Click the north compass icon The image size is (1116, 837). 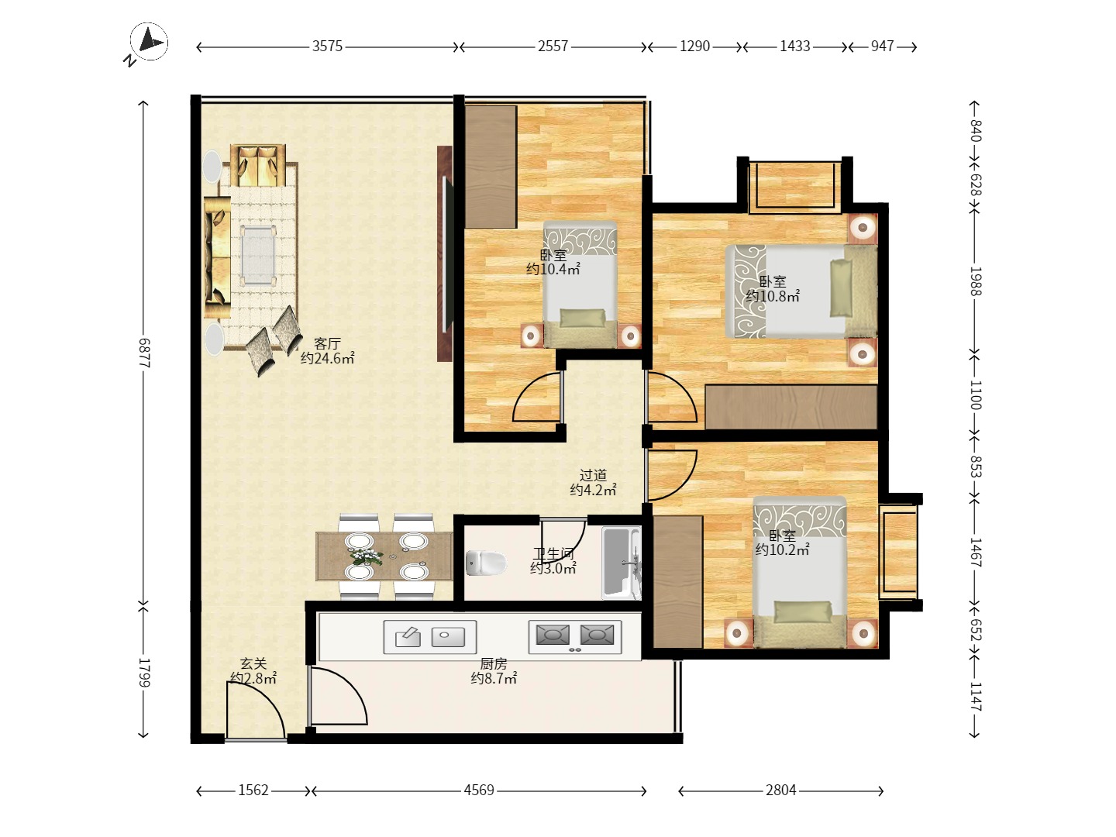click(x=149, y=42)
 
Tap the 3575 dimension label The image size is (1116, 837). click(x=327, y=46)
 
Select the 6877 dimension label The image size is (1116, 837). click(x=144, y=353)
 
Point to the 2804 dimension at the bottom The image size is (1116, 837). click(x=781, y=790)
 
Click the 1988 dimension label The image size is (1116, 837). click(x=976, y=281)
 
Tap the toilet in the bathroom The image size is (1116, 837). click(x=486, y=563)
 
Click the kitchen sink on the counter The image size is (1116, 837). click(x=429, y=636)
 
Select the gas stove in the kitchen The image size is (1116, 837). click(x=575, y=636)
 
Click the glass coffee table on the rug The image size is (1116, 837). click(x=258, y=255)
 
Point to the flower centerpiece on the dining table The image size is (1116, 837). click(x=366, y=556)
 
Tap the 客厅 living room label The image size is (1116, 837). click(x=327, y=343)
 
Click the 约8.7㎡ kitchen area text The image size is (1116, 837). click(x=494, y=678)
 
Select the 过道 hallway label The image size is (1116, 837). click(x=594, y=475)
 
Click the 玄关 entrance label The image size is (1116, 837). click(x=253, y=663)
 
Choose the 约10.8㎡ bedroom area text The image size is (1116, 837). click(x=773, y=296)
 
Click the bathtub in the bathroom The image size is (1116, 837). click(x=621, y=563)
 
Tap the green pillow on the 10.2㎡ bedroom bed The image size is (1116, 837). click(x=803, y=612)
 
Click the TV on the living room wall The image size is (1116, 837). click(x=445, y=254)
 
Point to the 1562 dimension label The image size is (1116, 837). click(x=253, y=790)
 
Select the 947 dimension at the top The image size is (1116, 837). click(x=882, y=46)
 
